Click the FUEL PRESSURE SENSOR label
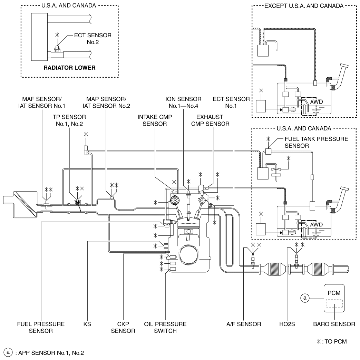point(41,328)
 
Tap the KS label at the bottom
point(87,324)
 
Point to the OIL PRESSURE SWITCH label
point(165,328)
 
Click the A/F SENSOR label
point(244,324)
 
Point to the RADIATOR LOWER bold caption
point(69,68)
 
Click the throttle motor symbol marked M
point(78,202)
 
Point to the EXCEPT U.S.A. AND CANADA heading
point(304,6)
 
